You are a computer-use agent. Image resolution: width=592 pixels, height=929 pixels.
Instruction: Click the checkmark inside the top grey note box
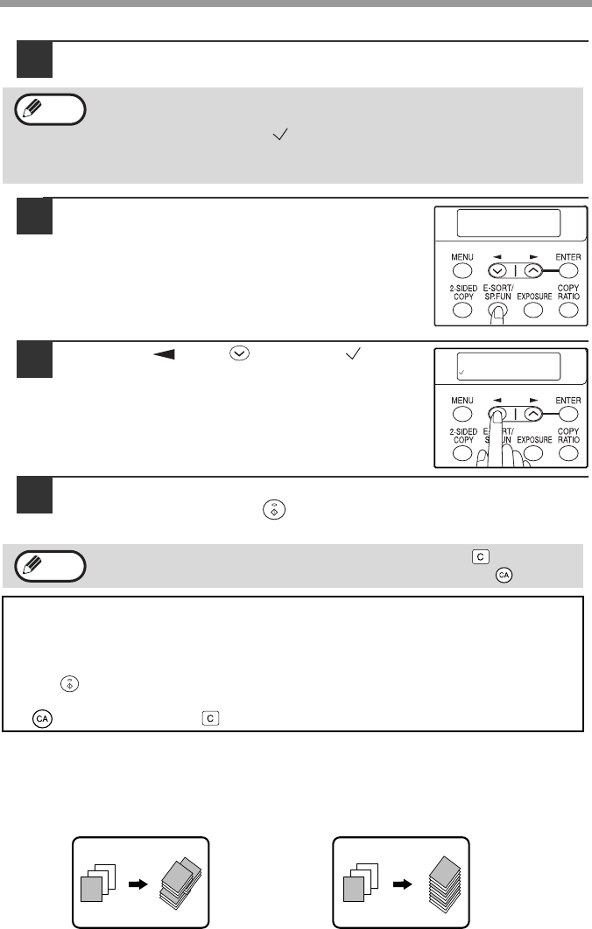pyautogui.click(x=280, y=135)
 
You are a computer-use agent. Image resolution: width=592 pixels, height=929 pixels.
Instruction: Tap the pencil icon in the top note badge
pyautogui.click(x=32, y=108)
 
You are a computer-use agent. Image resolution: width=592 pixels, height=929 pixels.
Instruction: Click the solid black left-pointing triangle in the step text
pyautogui.click(x=164, y=354)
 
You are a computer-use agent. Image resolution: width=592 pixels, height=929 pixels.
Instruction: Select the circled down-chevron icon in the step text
pyautogui.click(x=240, y=353)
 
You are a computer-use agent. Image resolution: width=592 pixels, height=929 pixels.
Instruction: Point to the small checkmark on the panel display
pyautogui.click(x=462, y=373)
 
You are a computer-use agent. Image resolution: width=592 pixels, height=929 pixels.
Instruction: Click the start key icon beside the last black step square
pyautogui.click(x=274, y=509)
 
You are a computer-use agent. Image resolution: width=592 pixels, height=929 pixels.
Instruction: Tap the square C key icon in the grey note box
pyautogui.click(x=481, y=557)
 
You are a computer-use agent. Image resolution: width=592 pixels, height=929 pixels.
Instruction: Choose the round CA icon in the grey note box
pyautogui.click(x=504, y=575)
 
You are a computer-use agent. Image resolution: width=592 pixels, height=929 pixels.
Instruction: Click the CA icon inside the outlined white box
pyautogui.click(x=42, y=719)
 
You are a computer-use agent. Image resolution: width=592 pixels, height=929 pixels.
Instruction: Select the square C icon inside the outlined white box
pyautogui.click(x=210, y=718)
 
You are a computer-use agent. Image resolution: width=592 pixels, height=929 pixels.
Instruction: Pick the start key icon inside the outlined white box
pyautogui.click(x=69, y=684)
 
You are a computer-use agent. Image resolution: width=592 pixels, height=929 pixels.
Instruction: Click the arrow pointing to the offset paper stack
pyautogui.click(x=138, y=884)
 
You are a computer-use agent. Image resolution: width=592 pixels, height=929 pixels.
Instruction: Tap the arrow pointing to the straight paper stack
pyautogui.click(x=402, y=884)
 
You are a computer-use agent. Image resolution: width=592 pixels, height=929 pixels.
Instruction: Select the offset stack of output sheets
pyautogui.click(x=181, y=883)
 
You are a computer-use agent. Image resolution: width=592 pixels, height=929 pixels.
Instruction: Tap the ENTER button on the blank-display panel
pyautogui.click(x=568, y=271)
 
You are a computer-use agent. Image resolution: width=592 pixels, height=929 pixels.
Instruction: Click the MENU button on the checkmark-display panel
pyautogui.click(x=462, y=414)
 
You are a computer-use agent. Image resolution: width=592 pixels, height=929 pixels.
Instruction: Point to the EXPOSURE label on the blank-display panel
pyautogui.click(x=534, y=297)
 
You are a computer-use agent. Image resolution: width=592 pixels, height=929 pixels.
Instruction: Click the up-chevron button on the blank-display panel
pyautogui.click(x=533, y=271)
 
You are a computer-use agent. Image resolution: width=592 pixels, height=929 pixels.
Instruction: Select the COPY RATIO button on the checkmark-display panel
pyautogui.click(x=568, y=453)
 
